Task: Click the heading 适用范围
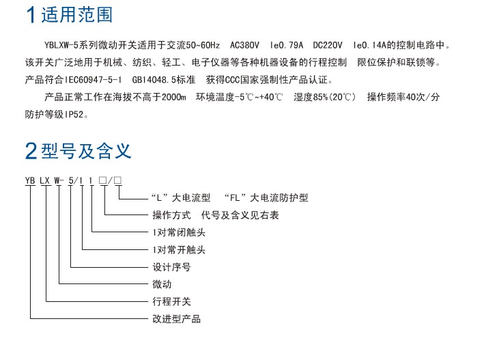(76, 15)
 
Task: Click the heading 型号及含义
(86, 151)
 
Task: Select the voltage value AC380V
(244, 45)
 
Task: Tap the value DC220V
(328, 45)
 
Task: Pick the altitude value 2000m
(173, 98)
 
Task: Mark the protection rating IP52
(74, 115)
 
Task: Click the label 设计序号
(171, 267)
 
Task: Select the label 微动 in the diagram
(162, 284)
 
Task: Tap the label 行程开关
(171, 301)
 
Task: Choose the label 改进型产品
(176, 319)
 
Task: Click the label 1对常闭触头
(179, 232)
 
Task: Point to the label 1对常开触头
(179, 249)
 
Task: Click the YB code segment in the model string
(30, 180)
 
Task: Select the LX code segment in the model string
(44, 180)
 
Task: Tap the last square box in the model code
(118, 180)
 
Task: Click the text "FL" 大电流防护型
(266, 197)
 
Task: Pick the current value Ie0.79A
(287, 45)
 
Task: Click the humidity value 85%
(320, 98)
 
